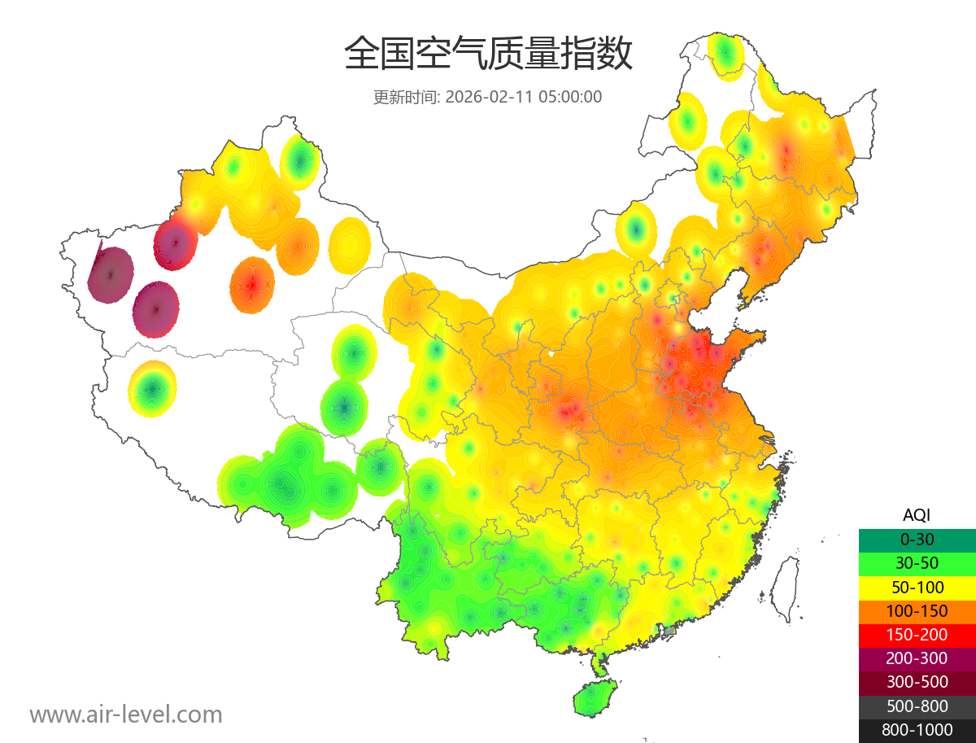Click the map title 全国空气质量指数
tap(488, 55)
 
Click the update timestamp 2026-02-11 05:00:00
tap(524, 97)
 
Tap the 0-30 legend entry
tap(917, 540)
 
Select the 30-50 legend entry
tap(917, 563)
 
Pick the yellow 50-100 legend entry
tap(917, 587)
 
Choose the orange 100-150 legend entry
tap(917, 611)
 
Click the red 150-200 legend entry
tap(917, 635)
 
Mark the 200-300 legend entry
tap(917, 658)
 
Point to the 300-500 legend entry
tap(917, 682)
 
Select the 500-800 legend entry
tap(917, 706)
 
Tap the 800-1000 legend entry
tap(917, 730)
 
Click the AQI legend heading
tap(917, 515)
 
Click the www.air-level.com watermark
tap(126, 715)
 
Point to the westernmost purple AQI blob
tap(111, 275)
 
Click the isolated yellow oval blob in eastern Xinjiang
tap(351, 244)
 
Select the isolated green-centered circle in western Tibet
tap(152, 389)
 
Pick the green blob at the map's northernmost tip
tap(725, 55)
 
